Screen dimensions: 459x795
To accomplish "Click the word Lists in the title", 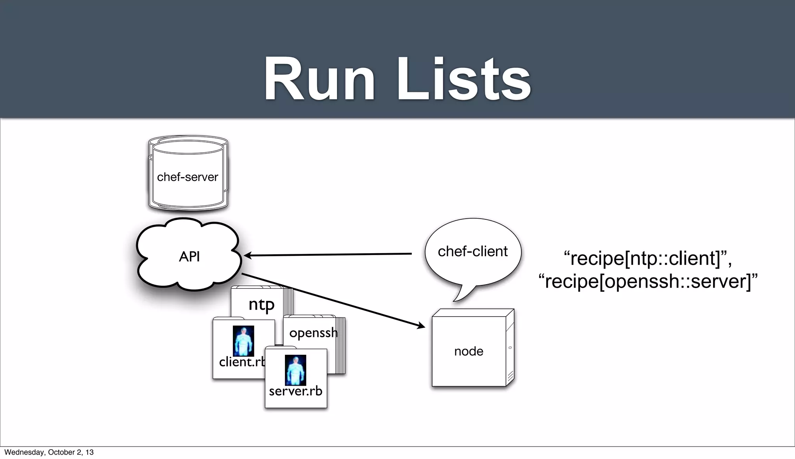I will point(463,79).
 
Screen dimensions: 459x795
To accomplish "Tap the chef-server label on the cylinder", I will point(187,177).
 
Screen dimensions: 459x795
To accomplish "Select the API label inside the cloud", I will point(189,257).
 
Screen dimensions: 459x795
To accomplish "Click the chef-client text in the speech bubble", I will point(472,252).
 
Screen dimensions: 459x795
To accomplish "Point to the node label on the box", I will point(469,351).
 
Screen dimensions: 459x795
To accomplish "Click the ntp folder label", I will point(261,304).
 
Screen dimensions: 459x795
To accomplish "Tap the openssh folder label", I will point(313,333).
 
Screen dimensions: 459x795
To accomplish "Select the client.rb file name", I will point(241,362).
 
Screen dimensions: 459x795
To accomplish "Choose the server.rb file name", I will point(295,391).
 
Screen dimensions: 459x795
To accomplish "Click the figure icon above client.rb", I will point(243,341).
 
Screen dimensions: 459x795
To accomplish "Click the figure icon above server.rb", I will point(295,370).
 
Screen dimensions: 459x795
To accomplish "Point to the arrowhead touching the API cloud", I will point(247,255).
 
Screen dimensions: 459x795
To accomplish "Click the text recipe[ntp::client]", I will point(647,259).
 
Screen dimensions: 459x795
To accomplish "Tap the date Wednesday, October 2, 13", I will point(49,452).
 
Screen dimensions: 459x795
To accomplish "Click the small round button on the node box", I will point(510,348).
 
